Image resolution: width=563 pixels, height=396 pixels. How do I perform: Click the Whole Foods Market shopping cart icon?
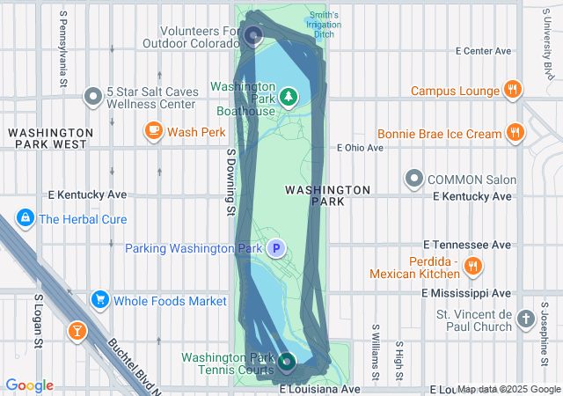99,301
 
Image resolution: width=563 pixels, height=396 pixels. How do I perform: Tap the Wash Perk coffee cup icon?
154,132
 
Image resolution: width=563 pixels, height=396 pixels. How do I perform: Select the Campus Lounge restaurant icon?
512,89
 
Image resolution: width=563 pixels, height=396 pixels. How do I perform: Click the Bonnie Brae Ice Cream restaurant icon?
515,134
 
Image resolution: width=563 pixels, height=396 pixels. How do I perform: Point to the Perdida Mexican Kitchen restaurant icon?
473,265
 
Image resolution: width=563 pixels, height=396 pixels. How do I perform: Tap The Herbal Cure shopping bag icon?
25,218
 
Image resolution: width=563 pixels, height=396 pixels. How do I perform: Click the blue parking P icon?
276,249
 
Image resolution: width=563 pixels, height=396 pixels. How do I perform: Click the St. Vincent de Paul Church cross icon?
525,318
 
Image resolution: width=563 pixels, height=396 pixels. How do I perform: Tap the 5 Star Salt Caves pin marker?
93,96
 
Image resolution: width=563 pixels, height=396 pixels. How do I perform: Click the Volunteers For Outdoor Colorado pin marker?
253,35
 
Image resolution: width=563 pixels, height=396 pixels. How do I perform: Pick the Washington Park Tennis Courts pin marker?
287,361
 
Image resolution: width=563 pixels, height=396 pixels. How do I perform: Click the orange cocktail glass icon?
77,331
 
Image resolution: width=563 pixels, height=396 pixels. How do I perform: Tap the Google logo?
29,385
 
